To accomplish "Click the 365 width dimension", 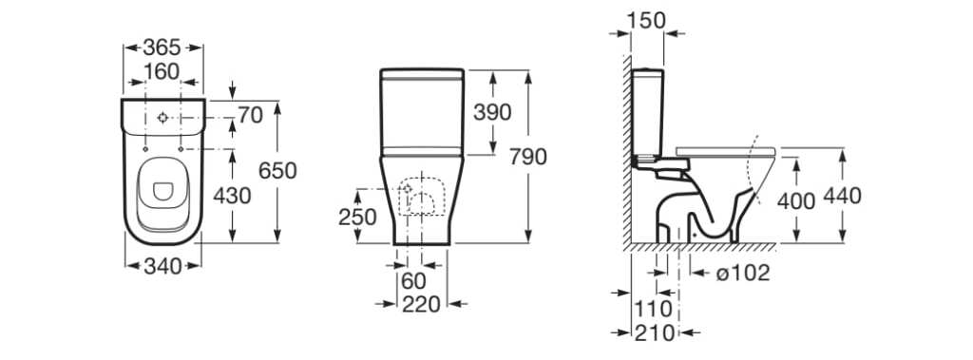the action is (162, 47).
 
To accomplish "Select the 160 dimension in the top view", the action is (162, 72).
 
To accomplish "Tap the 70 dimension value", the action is (251, 115).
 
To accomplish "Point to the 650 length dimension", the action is (278, 171).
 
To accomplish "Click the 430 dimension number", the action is (232, 196).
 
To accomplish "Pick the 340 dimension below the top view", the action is (162, 266).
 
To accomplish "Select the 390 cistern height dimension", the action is (493, 112).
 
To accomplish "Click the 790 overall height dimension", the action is (528, 157).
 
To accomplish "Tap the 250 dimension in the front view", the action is (357, 218).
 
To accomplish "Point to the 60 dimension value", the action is (414, 281).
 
